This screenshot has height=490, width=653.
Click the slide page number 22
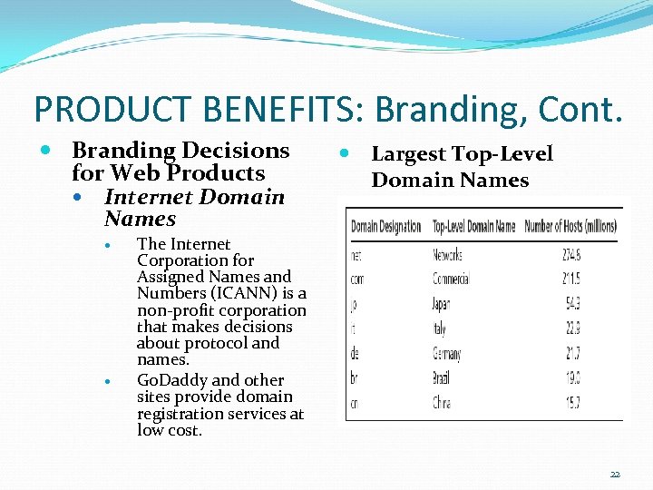pos(615,474)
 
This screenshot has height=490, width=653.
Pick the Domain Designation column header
pos(385,226)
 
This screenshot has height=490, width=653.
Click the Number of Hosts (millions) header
pos(572,226)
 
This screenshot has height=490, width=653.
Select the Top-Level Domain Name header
pos(473,226)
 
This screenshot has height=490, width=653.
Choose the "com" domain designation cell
pos(357,280)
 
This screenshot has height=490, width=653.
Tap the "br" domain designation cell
pos(356,377)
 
